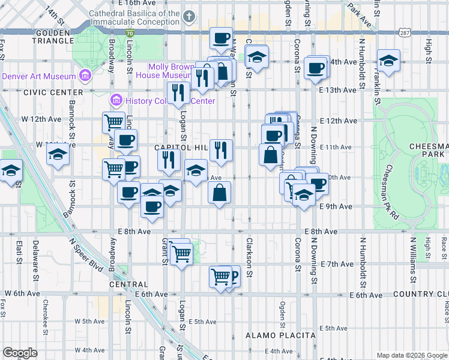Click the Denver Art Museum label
(x=39, y=76)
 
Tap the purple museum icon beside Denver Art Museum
(x=85, y=76)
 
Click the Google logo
(x=20, y=352)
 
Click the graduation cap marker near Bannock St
(x=58, y=154)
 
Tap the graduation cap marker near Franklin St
(x=389, y=60)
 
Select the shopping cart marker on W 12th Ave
(x=113, y=122)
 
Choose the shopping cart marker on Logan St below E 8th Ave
(x=181, y=253)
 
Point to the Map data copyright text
(x=411, y=355)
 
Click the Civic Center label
(x=53, y=92)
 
